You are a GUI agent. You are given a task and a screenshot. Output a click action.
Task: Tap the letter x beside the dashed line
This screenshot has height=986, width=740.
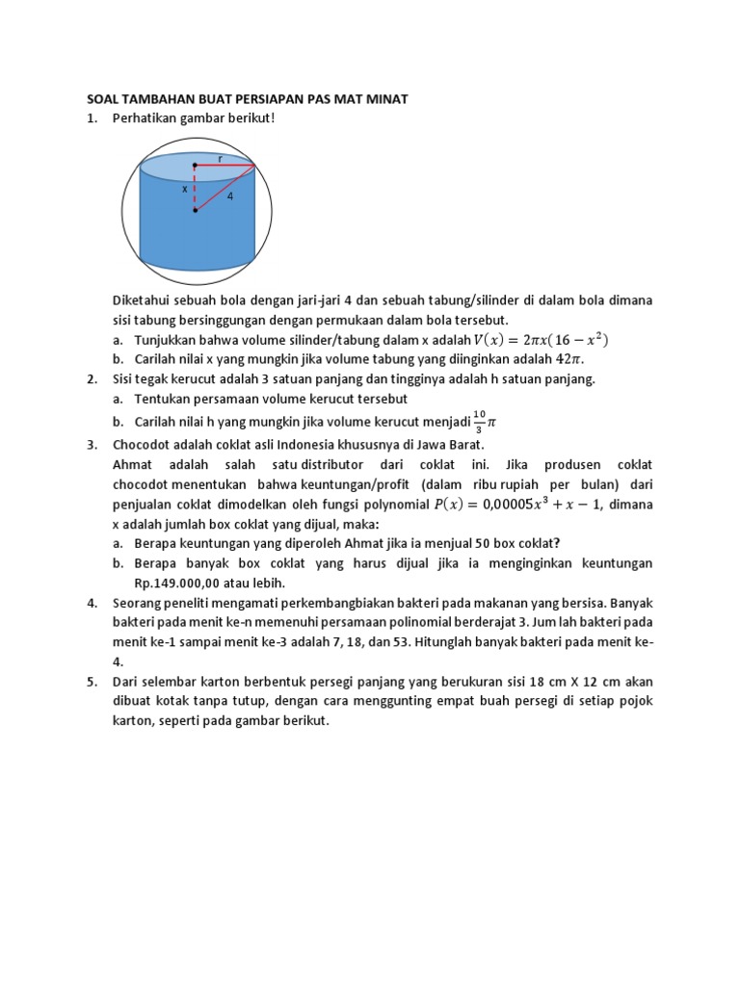pos(184,190)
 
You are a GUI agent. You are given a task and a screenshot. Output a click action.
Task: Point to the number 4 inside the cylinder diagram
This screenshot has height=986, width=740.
pos(230,196)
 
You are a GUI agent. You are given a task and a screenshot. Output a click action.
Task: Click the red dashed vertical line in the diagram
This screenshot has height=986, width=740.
pos(196,188)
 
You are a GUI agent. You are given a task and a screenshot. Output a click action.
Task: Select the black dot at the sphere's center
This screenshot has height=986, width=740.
pos(196,210)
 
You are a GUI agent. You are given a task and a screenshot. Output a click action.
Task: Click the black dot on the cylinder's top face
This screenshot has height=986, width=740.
pos(196,166)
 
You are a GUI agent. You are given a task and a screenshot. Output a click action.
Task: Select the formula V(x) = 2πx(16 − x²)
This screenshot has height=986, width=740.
pos(541,340)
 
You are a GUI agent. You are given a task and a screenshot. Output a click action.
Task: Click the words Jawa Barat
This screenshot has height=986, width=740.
pos(448,444)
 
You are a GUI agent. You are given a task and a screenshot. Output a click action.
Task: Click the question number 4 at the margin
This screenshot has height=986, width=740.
pos(92,603)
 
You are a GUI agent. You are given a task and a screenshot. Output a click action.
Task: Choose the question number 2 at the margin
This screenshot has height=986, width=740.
pos(92,378)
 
